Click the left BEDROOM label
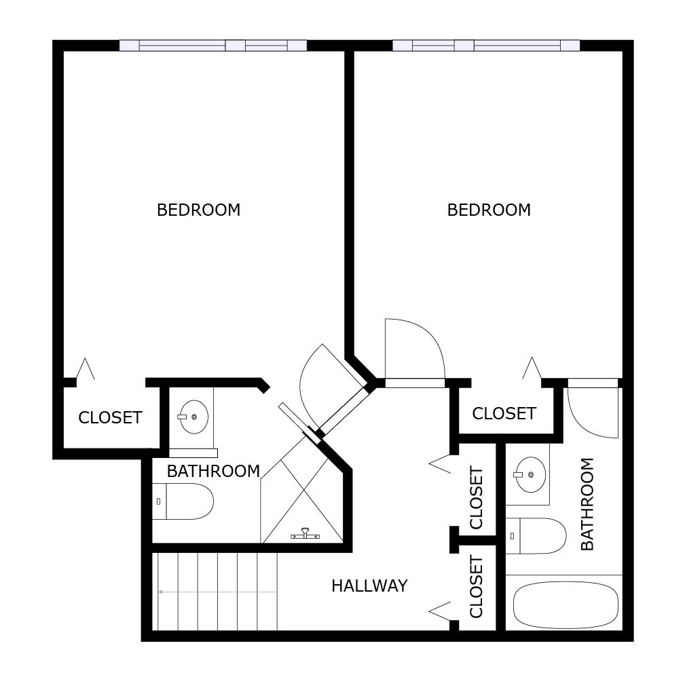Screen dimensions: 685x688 pyautogui.click(x=198, y=210)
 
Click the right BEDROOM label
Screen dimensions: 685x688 pyautogui.click(x=489, y=210)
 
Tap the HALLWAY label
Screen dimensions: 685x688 pyautogui.click(x=369, y=586)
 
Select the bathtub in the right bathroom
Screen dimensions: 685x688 pyautogui.click(x=566, y=605)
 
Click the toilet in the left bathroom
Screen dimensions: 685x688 pyautogui.click(x=183, y=501)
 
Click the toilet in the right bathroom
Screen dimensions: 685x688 pyautogui.click(x=536, y=536)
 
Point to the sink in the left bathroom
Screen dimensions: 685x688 pyautogui.click(x=193, y=417)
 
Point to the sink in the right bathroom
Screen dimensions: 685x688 pyautogui.click(x=530, y=474)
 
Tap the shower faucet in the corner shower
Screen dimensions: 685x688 pyautogui.click(x=306, y=535)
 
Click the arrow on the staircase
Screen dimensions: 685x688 pyautogui.click(x=218, y=592)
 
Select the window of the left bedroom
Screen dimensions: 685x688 pyautogui.click(x=213, y=45)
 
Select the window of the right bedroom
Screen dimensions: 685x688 pyautogui.click(x=486, y=45)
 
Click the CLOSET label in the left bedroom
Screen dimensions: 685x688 pyautogui.click(x=110, y=417)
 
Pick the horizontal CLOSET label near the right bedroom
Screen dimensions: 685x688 pyautogui.click(x=504, y=413)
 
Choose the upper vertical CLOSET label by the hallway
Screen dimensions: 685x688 pyautogui.click(x=477, y=497)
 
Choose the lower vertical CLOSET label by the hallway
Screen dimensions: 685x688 pyautogui.click(x=477, y=587)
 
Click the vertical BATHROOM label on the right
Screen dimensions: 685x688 pyautogui.click(x=587, y=504)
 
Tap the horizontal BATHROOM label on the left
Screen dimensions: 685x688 pyautogui.click(x=213, y=472)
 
